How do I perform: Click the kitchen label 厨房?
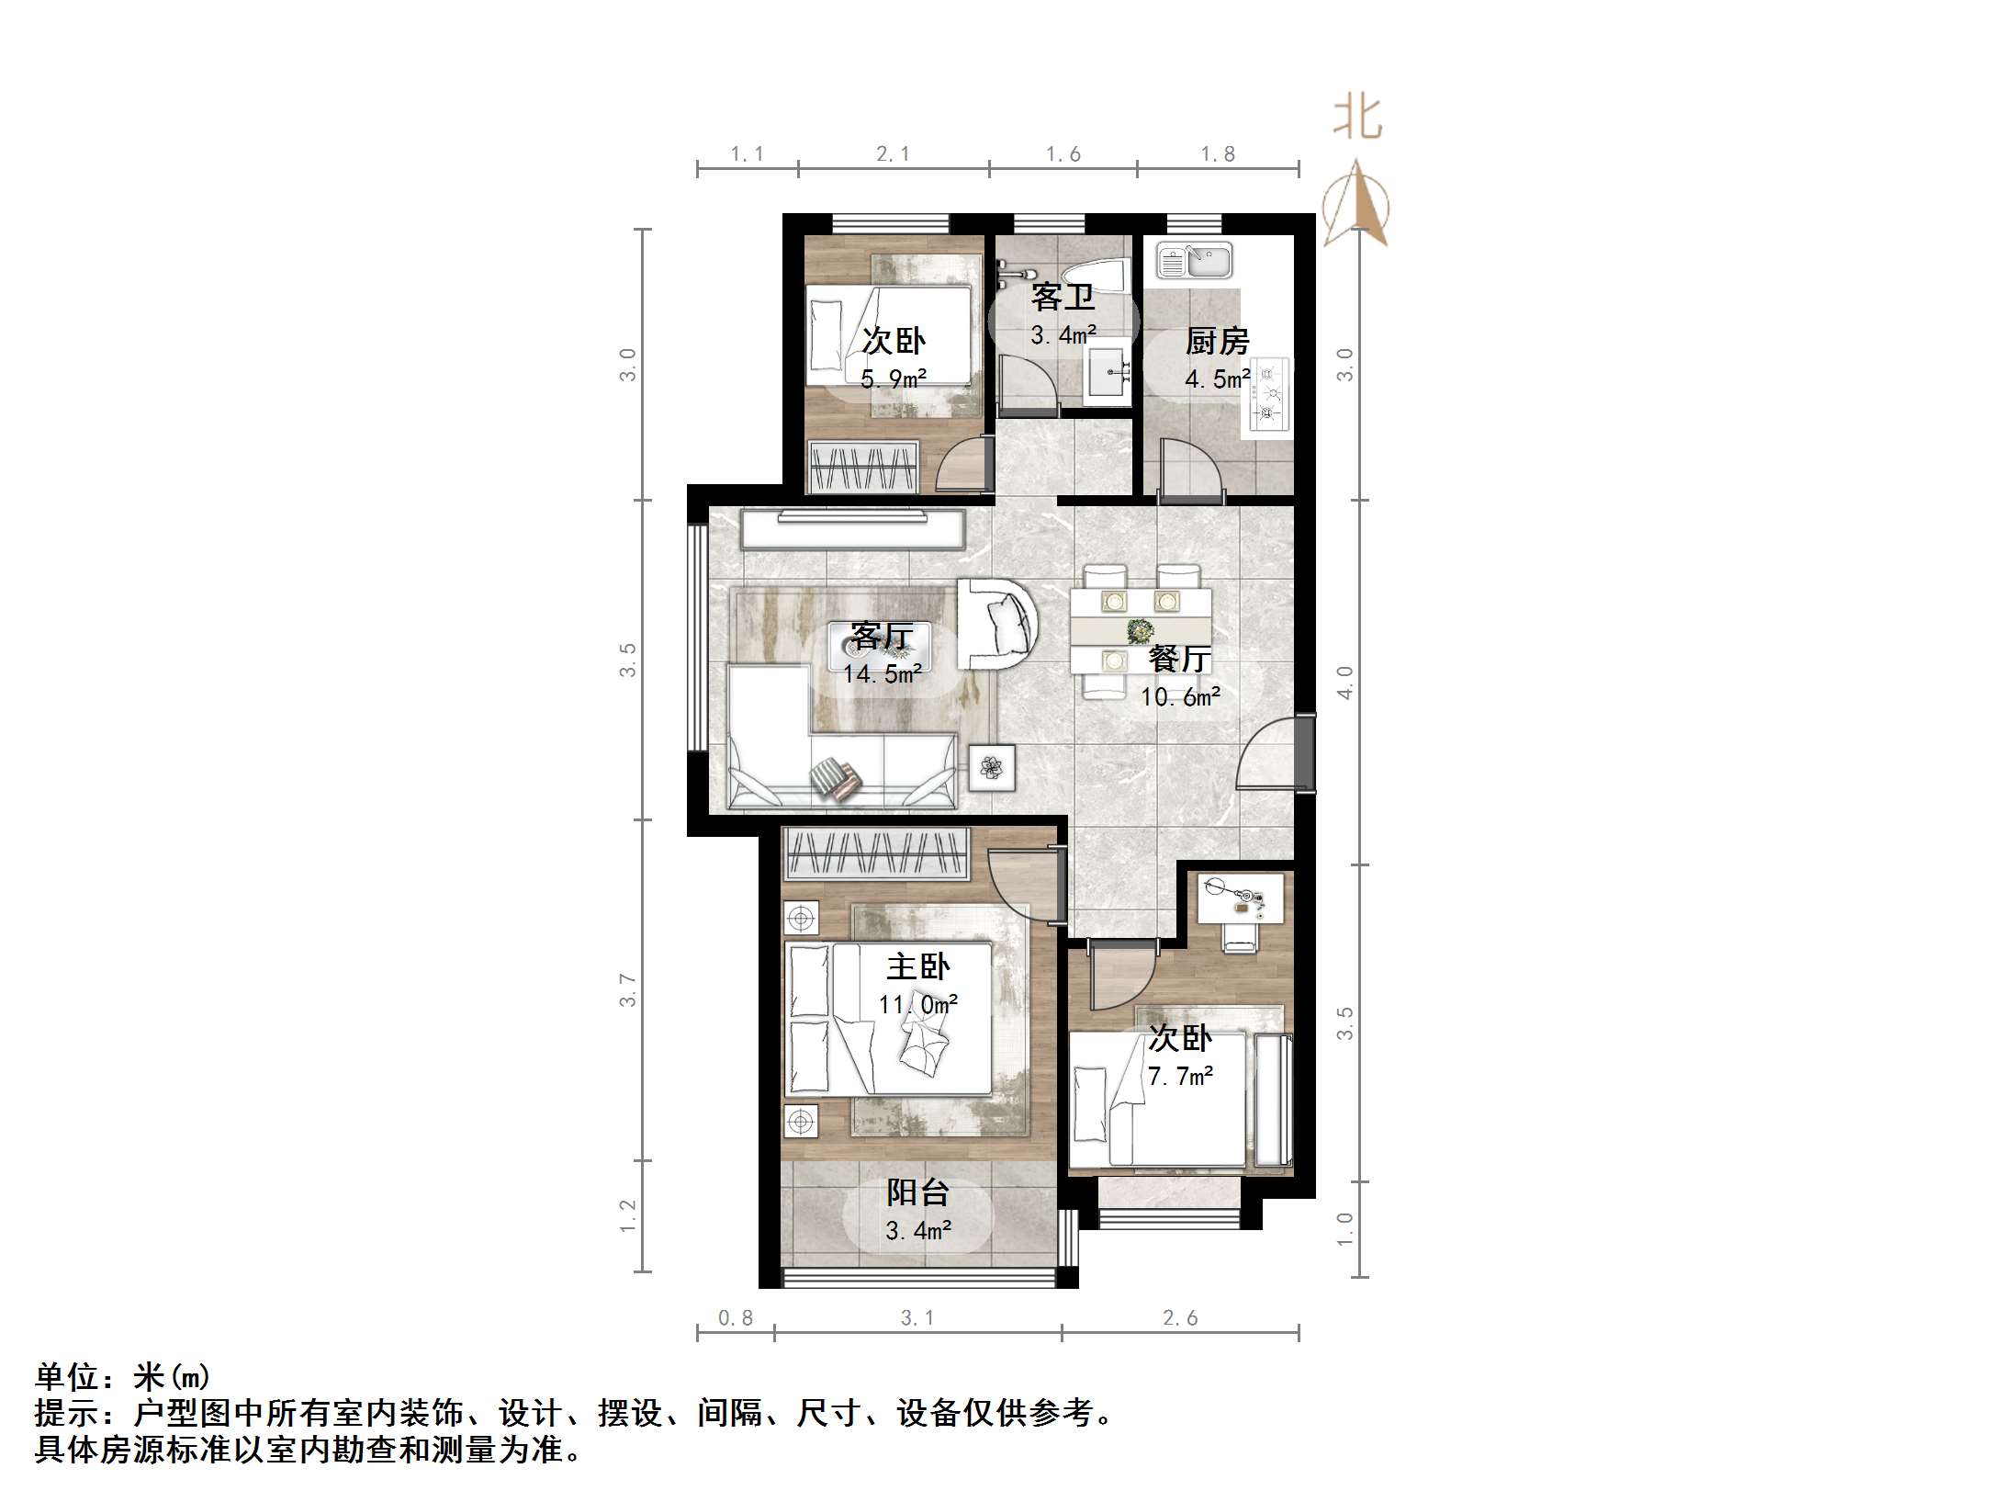pyautogui.click(x=1217, y=342)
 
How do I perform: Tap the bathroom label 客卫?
pyautogui.click(x=1063, y=297)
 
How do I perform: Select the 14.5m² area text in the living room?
pyautogui.click(x=882, y=674)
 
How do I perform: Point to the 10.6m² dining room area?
pyautogui.click(x=1180, y=697)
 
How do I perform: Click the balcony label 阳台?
pyautogui.click(x=917, y=1192)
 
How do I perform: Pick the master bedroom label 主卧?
pyautogui.click(x=917, y=966)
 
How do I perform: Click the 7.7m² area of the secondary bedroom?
pyautogui.click(x=1180, y=1076)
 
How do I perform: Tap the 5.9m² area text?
pyautogui.click(x=893, y=378)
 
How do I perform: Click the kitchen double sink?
pyautogui.click(x=1194, y=261)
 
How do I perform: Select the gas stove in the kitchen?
pyautogui.click(x=1268, y=395)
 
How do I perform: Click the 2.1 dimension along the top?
pyautogui.click(x=893, y=154)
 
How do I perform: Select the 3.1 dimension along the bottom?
pyautogui.click(x=917, y=1318)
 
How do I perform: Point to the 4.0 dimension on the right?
pyautogui.click(x=1344, y=683)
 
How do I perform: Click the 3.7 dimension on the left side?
pyautogui.click(x=627, y=990)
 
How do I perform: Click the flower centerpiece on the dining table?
pyautogui.click(x=1141, y=631)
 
